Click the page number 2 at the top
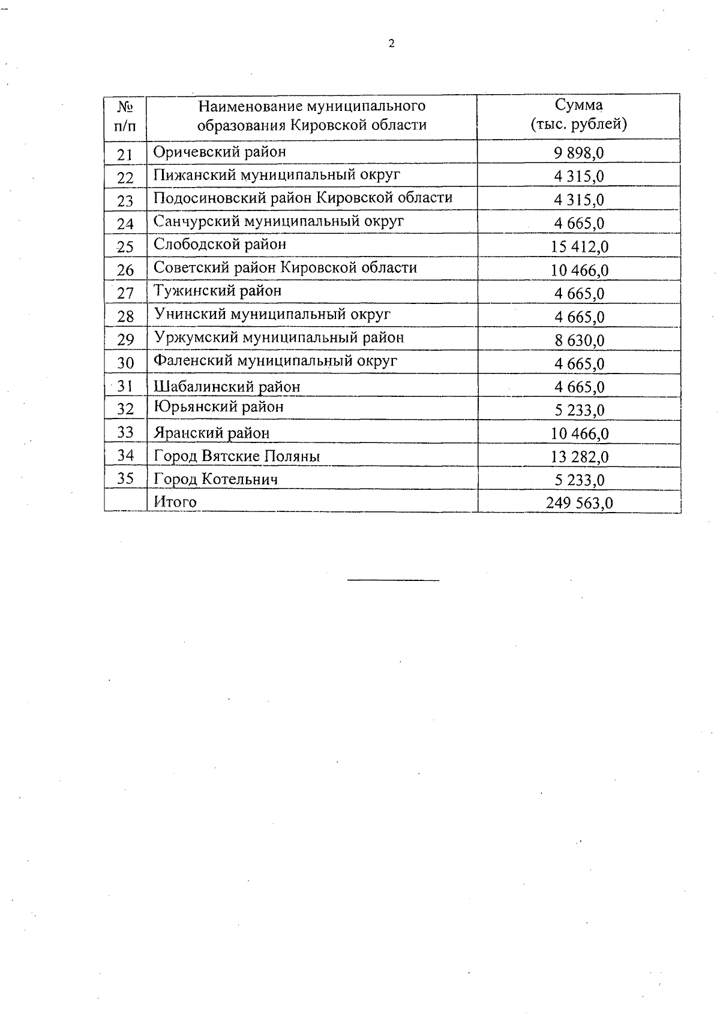pos(392,43)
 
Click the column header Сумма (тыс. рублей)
pos(579,115)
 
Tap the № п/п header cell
pos(125,116)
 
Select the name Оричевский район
pos(220,152)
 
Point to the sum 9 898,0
pos(579,153)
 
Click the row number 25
pos(125,246)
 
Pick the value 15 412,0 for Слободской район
pos(579,246)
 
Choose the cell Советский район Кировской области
pos(285,267)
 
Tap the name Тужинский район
pos(217,291)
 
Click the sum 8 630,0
pos(579,341)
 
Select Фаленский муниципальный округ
pos(275,361)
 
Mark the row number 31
pos(125,387)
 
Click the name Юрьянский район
pos(218,408)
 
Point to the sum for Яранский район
pos(579,433)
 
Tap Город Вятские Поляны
pos(236,456)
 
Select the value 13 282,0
pos(579,457)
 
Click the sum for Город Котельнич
pos(579,480)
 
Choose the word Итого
pos(175,502)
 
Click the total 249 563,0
pos(579,503)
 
